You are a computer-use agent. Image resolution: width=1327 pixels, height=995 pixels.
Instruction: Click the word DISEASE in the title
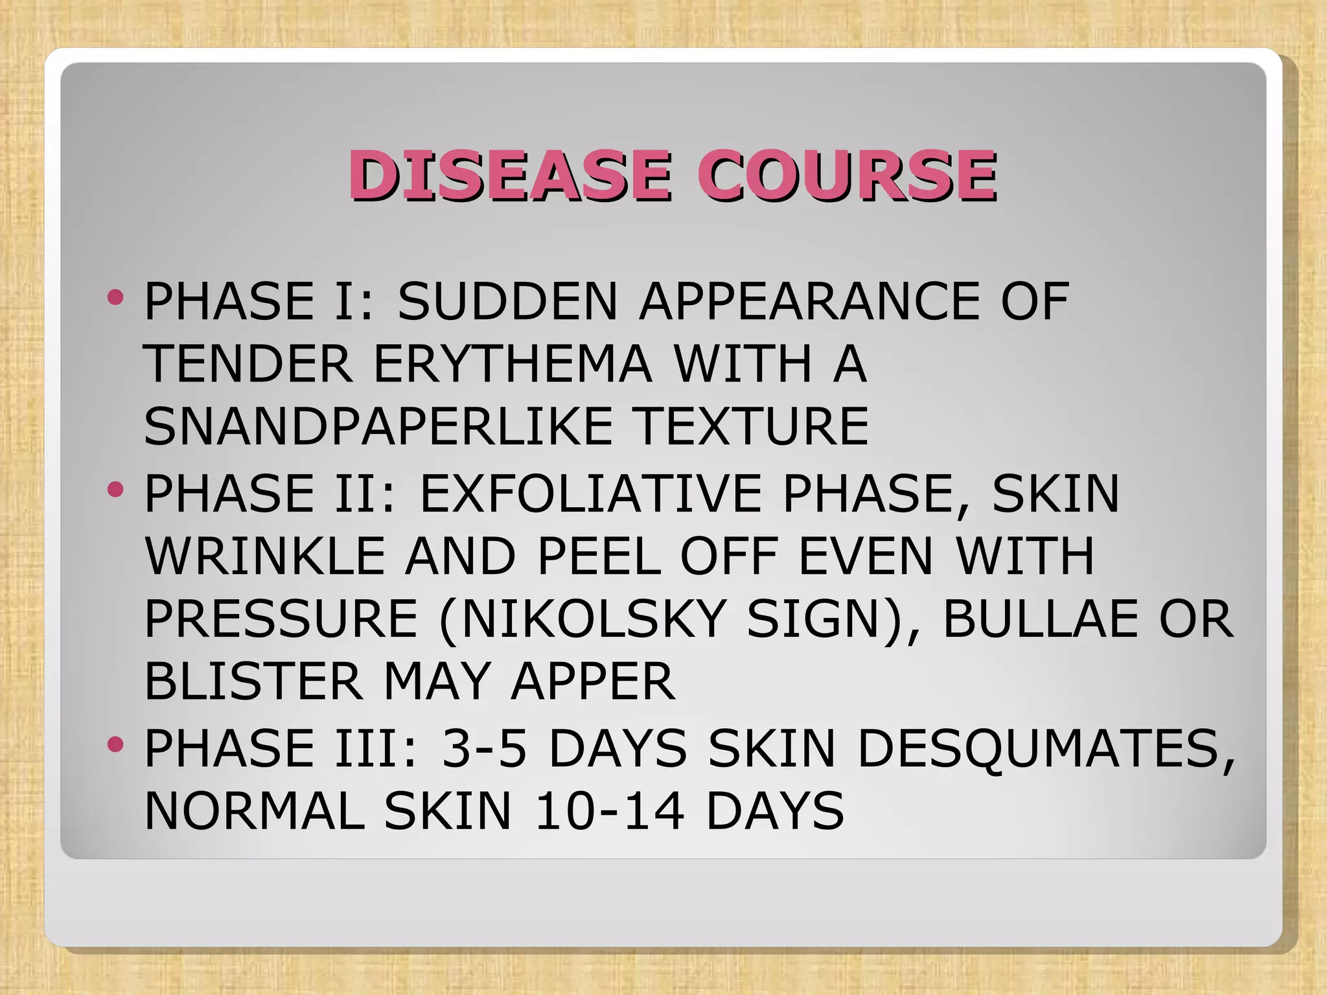pyautogui.click(x=509, y=175)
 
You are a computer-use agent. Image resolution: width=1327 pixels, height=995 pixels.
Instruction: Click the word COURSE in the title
pyautogui.click(x=847, y=175)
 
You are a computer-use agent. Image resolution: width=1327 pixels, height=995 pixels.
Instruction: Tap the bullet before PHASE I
pyautogui.click(x=116, y=298)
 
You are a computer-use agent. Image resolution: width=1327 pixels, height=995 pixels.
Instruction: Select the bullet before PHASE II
pyautogui.click(x=116, y=490)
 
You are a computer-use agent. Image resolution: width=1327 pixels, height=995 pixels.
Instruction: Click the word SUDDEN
pyautogui.click(x=507, y=301)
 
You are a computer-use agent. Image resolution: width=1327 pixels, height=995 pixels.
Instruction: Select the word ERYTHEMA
pyautogui.click(x=512, y=363)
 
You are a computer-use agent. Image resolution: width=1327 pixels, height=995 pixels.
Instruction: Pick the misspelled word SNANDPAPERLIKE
pyautogui.click(x=378, y=426)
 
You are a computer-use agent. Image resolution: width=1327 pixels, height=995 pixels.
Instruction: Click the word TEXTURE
pyautogui.click(x=750, y=426)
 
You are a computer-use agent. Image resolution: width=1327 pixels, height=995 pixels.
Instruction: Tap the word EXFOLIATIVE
pyautogui.click(x=590, y=494)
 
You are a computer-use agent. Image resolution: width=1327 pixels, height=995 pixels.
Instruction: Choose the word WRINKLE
pyautogui.click(x=264, y=556)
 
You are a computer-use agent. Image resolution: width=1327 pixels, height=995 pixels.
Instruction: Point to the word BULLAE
pyautogui.click(x=1040, y=619)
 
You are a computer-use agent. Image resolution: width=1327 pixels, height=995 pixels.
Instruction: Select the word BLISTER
pyautogui.click(x=253, y=682)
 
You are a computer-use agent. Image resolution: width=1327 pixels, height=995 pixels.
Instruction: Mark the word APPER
pyautogui.click(x=593, y=682)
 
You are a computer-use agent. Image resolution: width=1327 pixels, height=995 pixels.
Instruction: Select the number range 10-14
pyautogui.click(x=609, y=811)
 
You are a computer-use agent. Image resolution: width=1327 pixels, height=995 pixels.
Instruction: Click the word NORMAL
pyautogui.click(x=254, y=811)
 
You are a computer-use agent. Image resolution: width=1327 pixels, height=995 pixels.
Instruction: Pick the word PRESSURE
pyautogui.click(x=281, y=619)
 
